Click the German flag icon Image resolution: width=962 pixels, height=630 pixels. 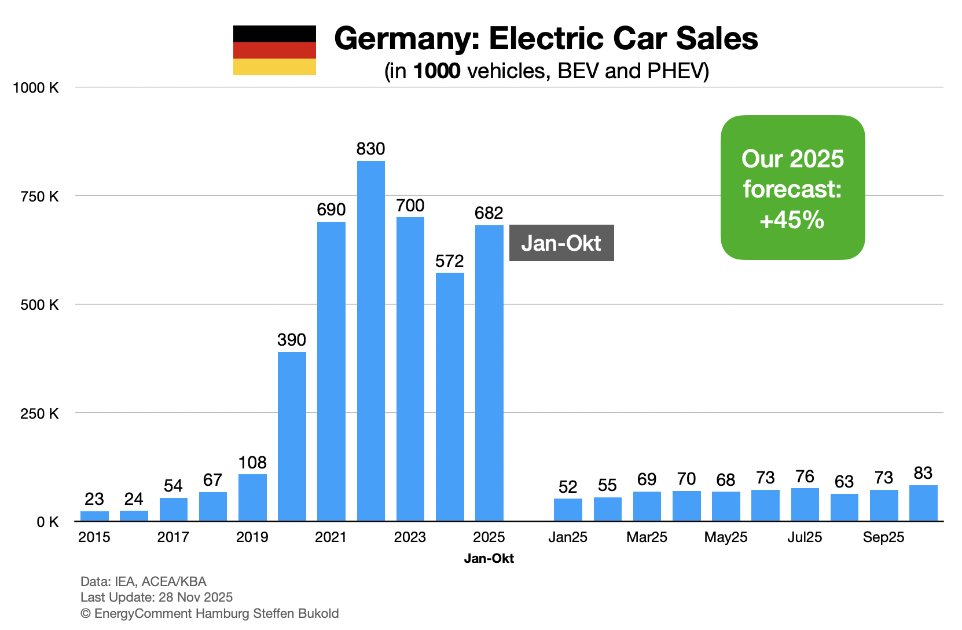(x=274, y=50)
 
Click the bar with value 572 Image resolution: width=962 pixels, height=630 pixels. (x=450, y=397)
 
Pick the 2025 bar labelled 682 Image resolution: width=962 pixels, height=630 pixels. (x=489, y=373)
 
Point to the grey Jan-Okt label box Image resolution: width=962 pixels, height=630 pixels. (x=561, y=243)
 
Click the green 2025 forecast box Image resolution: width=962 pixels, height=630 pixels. (x=792, y=188)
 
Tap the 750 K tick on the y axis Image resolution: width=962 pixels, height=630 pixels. (x=39, y=196)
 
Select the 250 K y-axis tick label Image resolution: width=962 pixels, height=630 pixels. (x=39, y=413)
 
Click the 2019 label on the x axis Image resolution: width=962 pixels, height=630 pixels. (x=252, y=537)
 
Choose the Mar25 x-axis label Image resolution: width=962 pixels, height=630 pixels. (x=647, y=537)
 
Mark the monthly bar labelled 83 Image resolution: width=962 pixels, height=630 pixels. (x=923, y=503)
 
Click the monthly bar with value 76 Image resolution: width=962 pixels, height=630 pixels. (x=805, y=504)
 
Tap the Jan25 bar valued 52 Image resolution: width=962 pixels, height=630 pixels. (x=568, y=510)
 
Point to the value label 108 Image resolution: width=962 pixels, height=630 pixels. (x=252, y=463)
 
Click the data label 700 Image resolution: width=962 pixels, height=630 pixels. (x=410, y=206)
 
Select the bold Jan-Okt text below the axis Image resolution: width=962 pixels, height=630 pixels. (x=489, y=559)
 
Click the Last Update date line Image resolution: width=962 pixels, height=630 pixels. (x=156, y=598)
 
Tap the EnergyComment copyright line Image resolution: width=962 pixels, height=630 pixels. (x=210, y=614)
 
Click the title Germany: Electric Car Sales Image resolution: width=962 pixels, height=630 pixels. (x=546, y=39)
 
